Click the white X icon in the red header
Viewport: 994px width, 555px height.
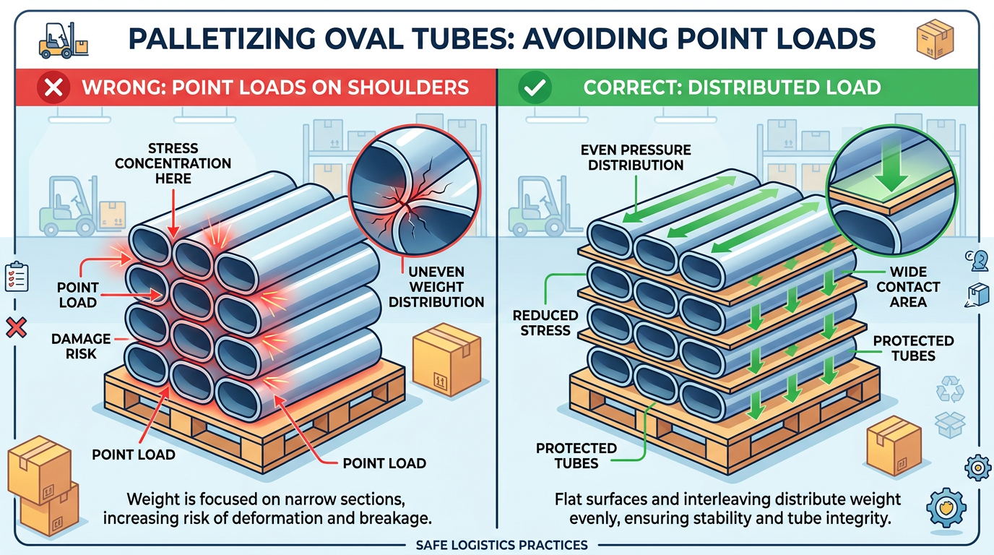click(x=53, y=89)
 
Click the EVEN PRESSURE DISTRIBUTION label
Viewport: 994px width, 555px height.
click(x=636, y=158)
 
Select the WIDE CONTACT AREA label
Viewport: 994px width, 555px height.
click(x=908, y=286)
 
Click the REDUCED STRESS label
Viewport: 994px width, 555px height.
click(x=545, y=323)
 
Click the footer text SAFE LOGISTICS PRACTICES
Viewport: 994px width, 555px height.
click(x=496, y=545)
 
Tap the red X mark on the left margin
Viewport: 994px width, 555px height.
click(x=15, y=329)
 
